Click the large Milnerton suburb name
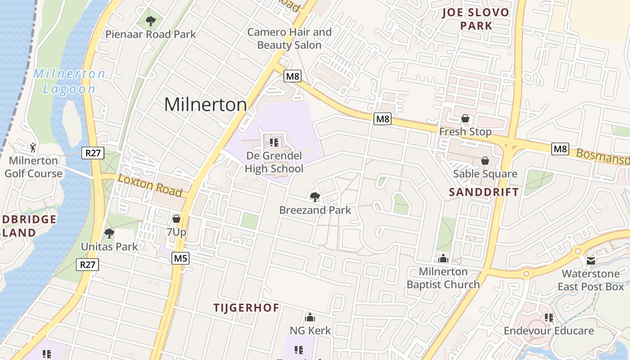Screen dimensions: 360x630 coord(205,104)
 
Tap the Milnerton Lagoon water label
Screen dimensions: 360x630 coord(69,81)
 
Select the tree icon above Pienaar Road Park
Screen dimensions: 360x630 coord(151,21)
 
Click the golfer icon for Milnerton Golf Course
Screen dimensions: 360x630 coord(32,147)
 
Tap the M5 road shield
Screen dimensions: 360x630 coord(180,258)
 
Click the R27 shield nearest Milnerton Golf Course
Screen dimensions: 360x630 coord(93,153)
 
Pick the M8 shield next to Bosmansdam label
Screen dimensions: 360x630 coord(560,149)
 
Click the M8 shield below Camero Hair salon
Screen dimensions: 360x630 coord(292,76)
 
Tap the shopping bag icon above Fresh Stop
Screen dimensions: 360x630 coord(465,118)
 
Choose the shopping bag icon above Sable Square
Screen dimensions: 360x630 coord(485,161)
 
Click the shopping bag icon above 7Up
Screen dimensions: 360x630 coord(176,219)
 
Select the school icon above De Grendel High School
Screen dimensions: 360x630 coord(274,143)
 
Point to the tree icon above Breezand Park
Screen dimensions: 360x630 coord(315,197)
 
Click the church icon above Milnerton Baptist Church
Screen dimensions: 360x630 coord(443,258)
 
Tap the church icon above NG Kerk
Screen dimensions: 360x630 coord(310,317)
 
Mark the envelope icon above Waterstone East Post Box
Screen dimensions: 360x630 coord(591,261)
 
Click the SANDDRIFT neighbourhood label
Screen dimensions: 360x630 coord(484,192)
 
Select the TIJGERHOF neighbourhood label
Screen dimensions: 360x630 coord(246,308)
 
